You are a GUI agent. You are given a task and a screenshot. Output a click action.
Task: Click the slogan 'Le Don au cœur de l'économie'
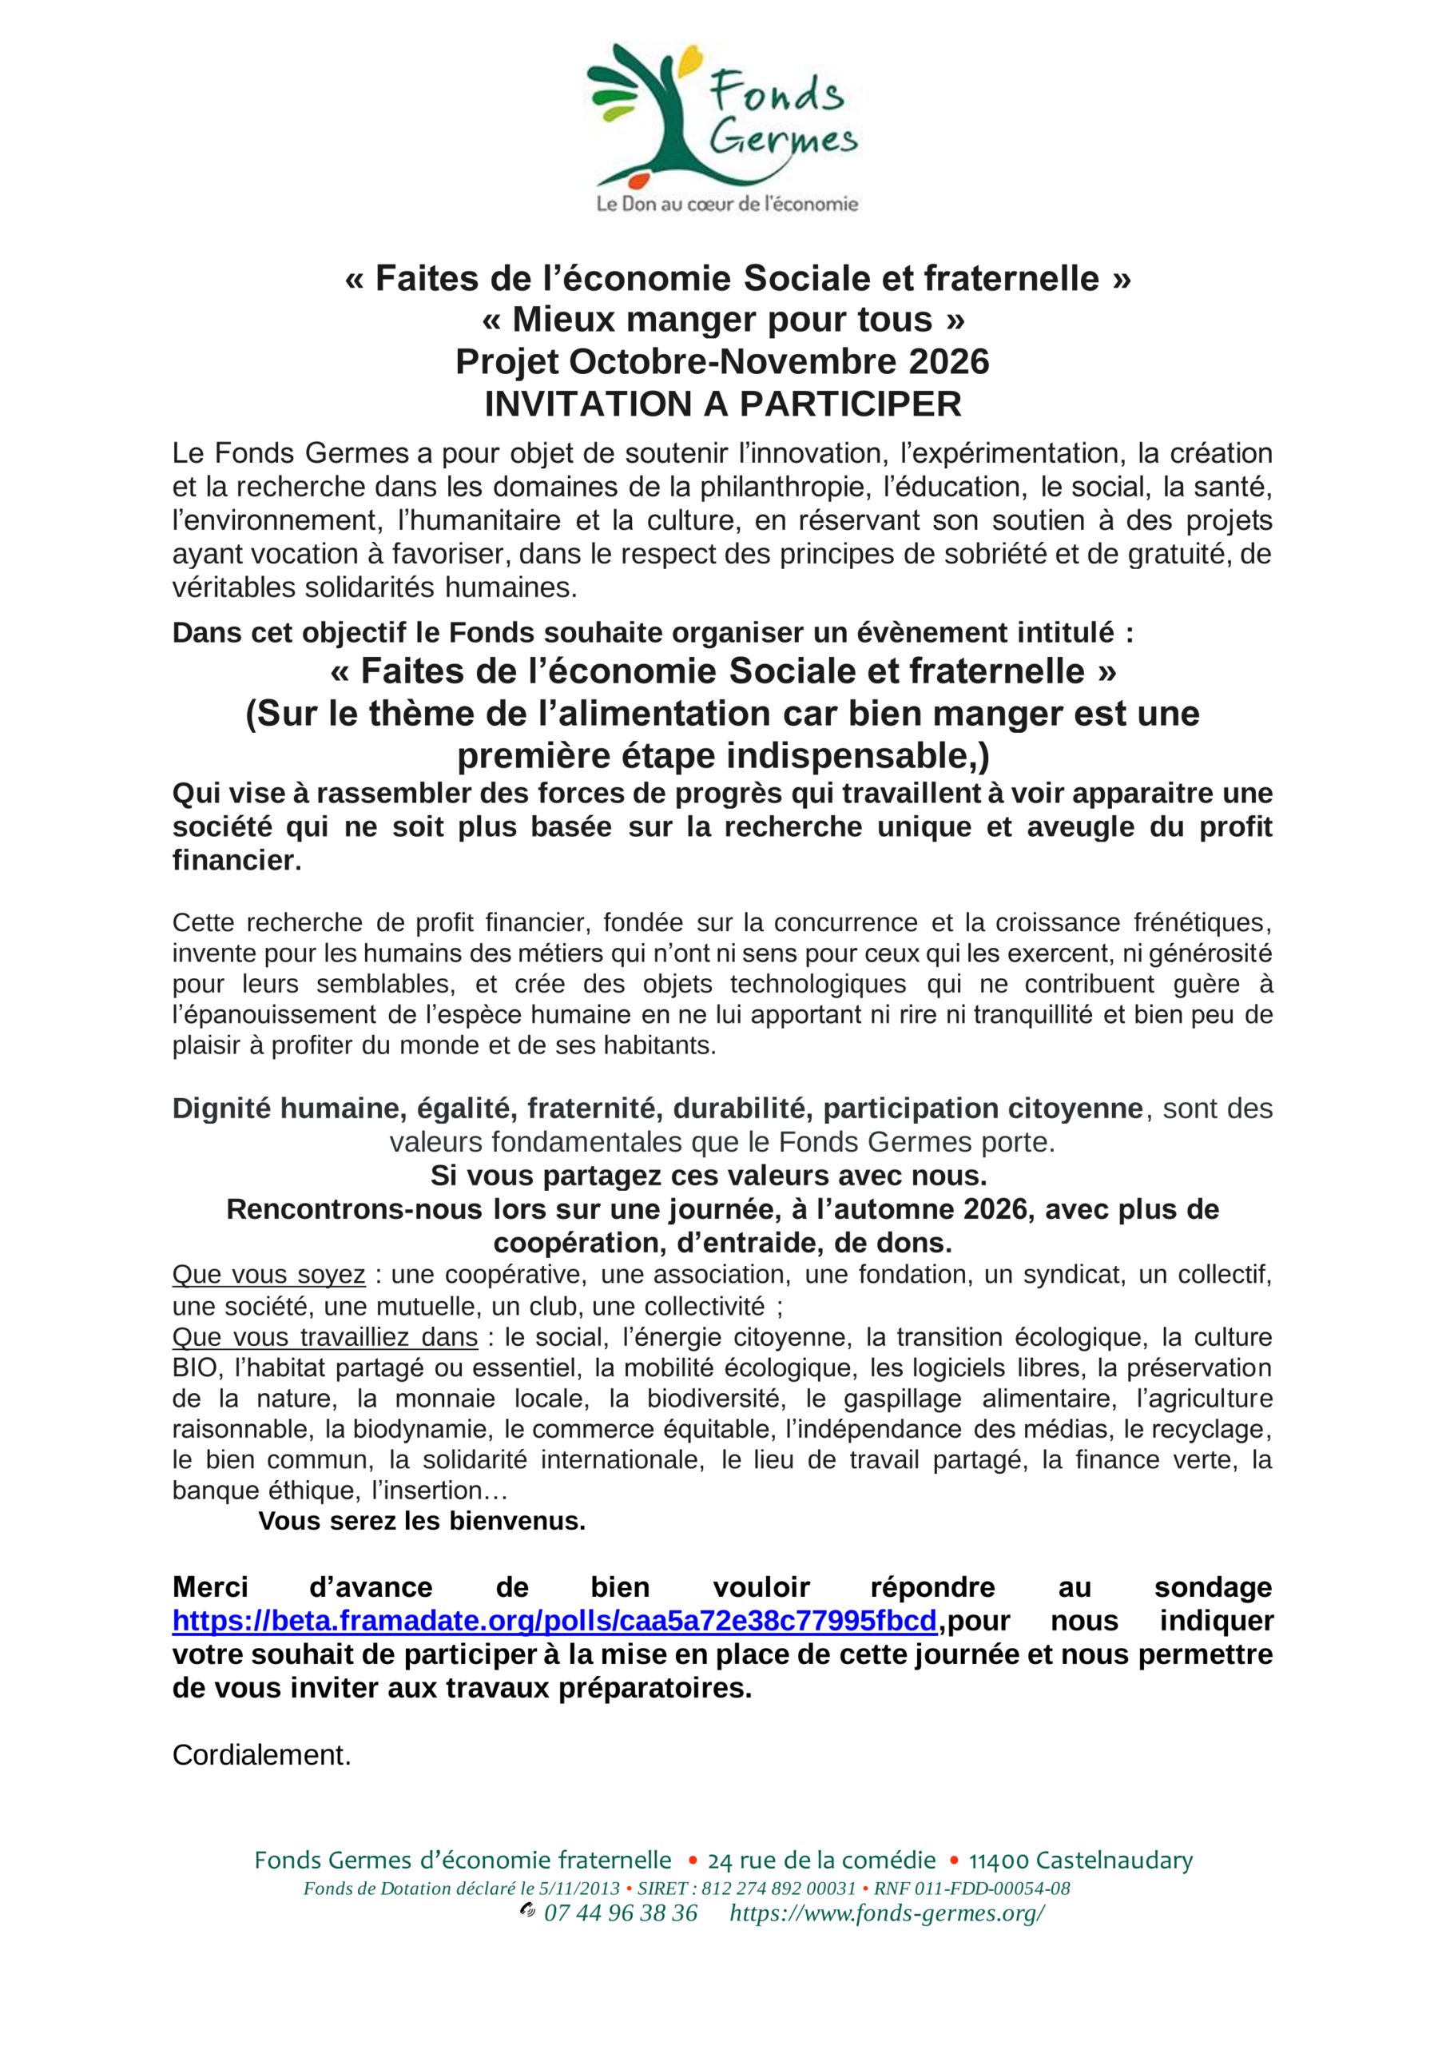(x=727, y=204)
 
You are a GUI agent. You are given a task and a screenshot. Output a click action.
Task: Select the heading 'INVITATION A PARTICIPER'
(x=722, y=404)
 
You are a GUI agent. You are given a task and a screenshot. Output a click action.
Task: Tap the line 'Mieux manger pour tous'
(x=722, y=319)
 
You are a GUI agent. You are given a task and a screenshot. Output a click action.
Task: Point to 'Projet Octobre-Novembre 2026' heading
(x=722, y=362)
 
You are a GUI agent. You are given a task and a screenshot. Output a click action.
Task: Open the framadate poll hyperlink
(x=554, y=1620)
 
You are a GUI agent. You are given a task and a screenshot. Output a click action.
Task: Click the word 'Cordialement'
(x=260, y=1754)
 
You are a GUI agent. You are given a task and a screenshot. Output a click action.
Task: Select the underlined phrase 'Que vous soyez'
(x=268, y=1274)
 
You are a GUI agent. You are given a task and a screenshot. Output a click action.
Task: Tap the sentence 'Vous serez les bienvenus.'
(x=423, y=1520)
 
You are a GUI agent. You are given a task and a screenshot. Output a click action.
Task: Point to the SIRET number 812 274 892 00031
(x=778, y=1889)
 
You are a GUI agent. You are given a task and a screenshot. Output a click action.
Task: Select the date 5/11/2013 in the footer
(x=579, y=1889)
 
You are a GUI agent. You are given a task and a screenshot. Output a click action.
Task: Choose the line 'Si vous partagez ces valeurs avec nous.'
(x=709, y=1176)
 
